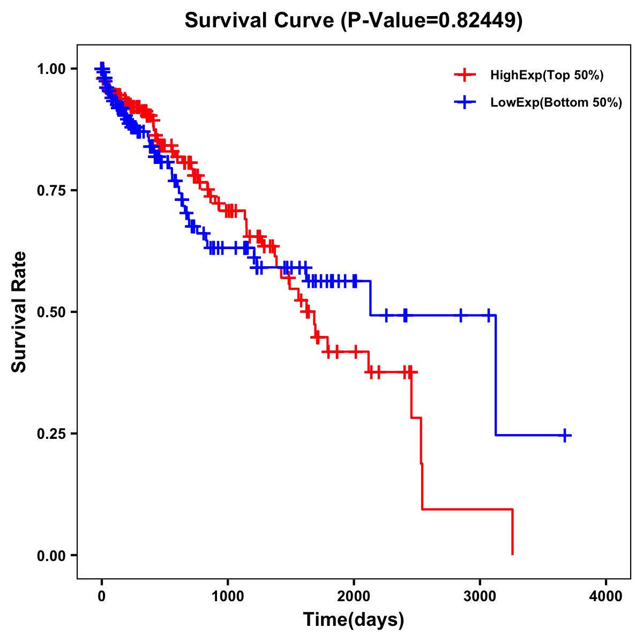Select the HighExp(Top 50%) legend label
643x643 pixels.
[x=547, y=76]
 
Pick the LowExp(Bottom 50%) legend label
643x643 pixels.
[x=556, y=102]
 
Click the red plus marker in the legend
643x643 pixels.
[x=464, y=76]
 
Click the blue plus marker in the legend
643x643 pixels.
[x=464, y=102]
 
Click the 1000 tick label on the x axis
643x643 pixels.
[x=228, y=596]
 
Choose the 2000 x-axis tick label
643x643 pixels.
[x=354, y=596]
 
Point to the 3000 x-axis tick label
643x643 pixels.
[x=480, y=596]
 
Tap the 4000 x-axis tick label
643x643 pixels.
[x=606, y=596]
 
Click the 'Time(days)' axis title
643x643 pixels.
[x=354, y=620]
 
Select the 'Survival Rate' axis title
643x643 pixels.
[x=19, y=312]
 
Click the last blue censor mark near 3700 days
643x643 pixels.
[x=565, y=435]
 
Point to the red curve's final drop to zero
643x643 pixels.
[x=513, y=533]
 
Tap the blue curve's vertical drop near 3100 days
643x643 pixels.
[x=496, y=375]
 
